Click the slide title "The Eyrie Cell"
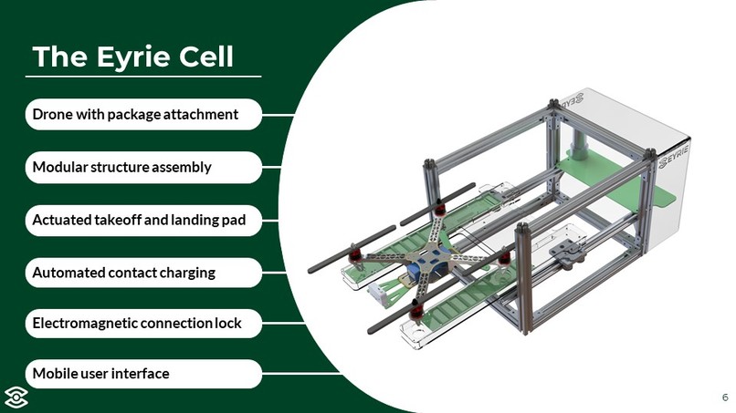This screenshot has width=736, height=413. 132,57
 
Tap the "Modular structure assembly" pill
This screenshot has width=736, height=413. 143,168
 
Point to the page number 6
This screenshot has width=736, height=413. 725,398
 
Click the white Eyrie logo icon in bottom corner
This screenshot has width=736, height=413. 16,398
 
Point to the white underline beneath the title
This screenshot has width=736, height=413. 143,77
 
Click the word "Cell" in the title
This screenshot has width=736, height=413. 206,57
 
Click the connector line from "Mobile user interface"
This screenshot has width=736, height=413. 300,374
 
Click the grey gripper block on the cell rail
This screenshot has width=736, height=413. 567,253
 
